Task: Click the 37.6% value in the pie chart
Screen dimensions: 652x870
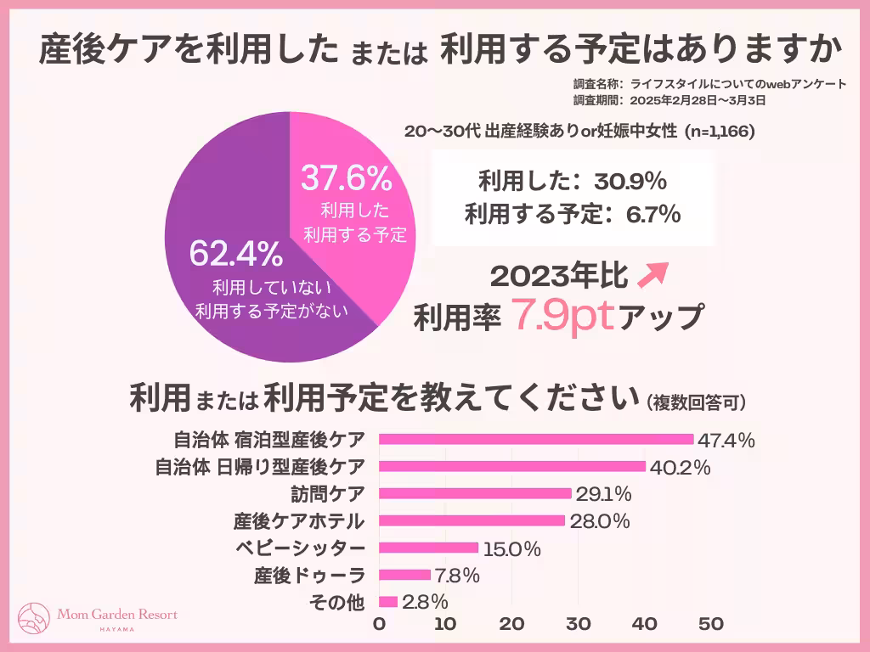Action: (x=346, y=179)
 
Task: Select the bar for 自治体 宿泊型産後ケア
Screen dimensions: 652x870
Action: (x=535, y=439)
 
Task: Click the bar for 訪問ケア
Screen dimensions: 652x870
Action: (x=475, y=493)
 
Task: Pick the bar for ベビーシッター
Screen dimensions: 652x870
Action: (x=428, y=548)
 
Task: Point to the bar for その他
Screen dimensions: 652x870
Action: (x=388, y=602)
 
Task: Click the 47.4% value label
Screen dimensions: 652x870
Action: (x=726, y=440)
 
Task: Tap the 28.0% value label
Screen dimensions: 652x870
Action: (x=599, y=521)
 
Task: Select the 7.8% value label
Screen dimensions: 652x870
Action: (x=458, y=576)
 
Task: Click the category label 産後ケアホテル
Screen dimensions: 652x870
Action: (x=299, y=521)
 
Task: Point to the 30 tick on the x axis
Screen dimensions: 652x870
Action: (x=579, y=624)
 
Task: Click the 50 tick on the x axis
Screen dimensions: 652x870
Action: (x=711, y=624)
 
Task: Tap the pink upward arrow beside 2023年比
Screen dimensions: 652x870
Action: (x=655, y=274)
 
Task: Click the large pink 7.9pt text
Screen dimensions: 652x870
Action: (x=560, y=316)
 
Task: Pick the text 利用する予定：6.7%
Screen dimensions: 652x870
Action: (x=572, y=215)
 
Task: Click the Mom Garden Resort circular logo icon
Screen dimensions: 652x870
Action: (x=34, y=617)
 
